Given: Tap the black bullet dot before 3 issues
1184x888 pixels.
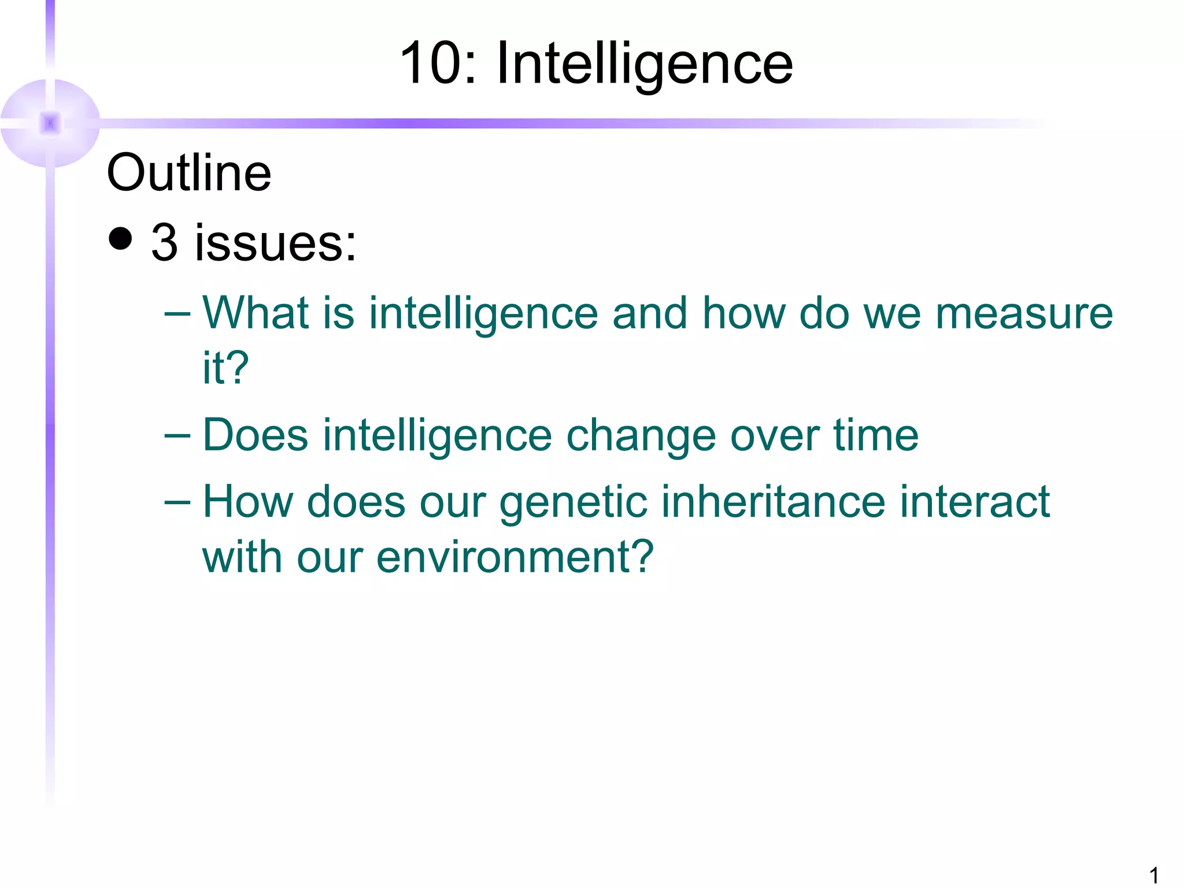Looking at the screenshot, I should tap(120, 238).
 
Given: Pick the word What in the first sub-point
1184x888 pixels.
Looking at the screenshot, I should tap(255, 313).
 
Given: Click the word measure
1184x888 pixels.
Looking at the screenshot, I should tap(1024, 313).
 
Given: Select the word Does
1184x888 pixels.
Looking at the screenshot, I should tap(256, 435).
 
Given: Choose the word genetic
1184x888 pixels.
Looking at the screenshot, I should tap(573, 502).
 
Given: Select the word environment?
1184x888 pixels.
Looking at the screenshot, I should tap(515, 556).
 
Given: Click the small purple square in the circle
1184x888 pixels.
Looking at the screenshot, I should tap(50, 123).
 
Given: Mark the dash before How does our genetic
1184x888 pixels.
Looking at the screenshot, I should tap(177, 502).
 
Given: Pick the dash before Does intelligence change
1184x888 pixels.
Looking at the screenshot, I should tap(177, 435).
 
